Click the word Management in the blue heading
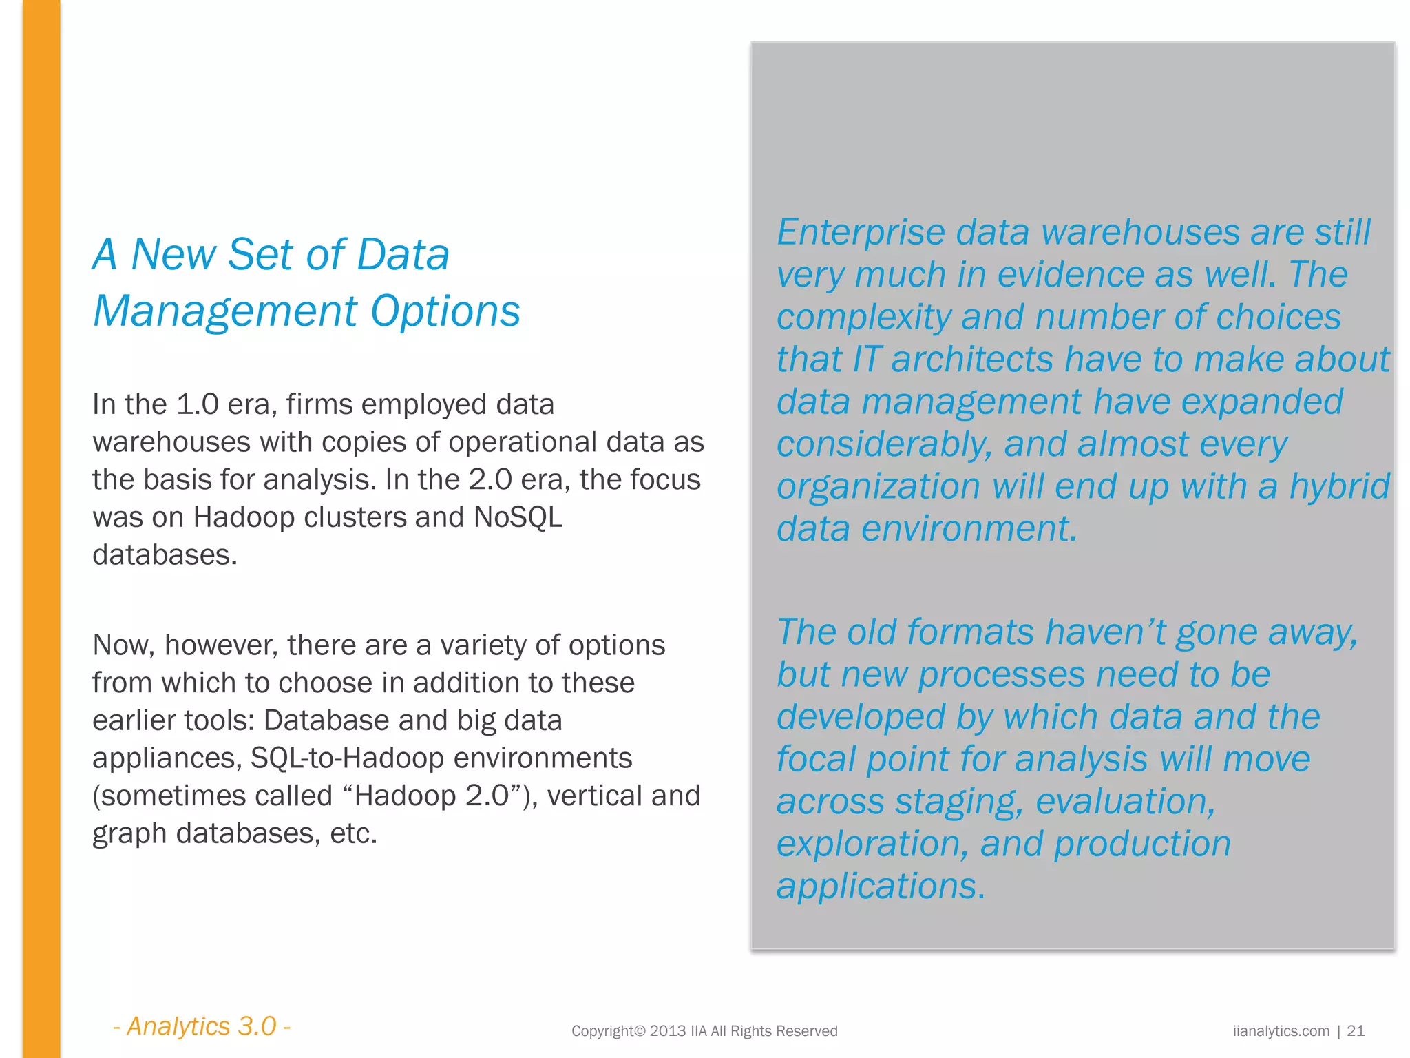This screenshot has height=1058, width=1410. pos(225,311)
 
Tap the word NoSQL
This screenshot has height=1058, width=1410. pos(518,517)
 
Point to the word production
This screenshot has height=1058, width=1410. pos(1142,844)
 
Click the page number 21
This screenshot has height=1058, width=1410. pos(1356,1031)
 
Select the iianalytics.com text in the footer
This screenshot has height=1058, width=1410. pos(1281,1031)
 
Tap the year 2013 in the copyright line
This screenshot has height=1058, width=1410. pos(668,1031)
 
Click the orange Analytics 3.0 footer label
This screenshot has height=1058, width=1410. pos(202,1026)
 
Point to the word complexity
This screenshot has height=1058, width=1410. pos(864,318)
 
